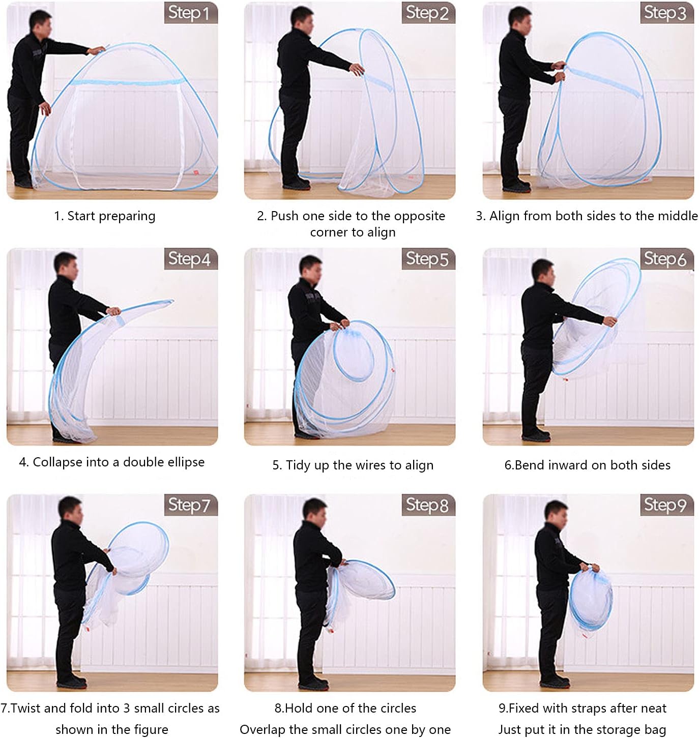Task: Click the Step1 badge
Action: coord(190,13)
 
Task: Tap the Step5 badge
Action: coord(428,259)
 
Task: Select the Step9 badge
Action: coord(666,505)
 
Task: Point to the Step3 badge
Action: coord(666,13)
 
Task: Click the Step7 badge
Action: coord(190,505)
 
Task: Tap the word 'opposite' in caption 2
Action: coord(419,217)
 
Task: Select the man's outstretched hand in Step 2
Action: coord(357,69)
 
